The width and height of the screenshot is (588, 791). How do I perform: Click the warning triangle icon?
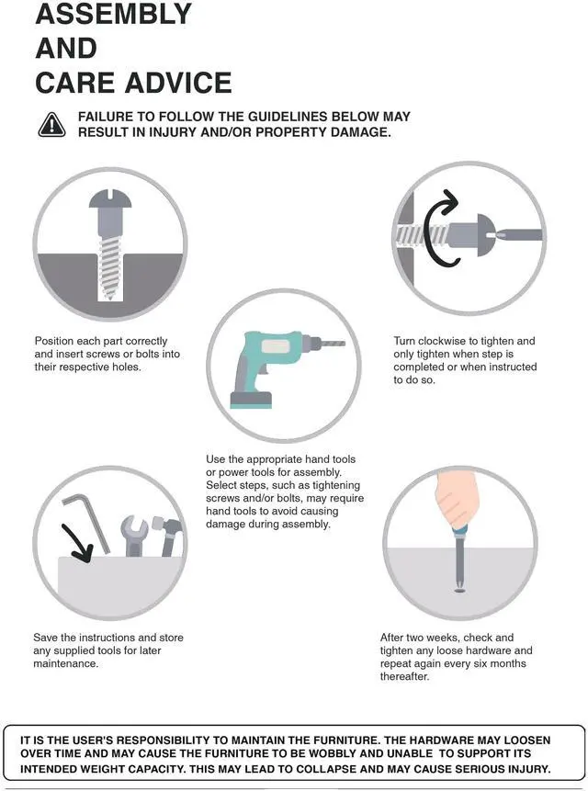[51, 125]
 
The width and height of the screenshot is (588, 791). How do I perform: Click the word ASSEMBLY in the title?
[113, 14]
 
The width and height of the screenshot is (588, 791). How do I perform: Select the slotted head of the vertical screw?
[110, 198]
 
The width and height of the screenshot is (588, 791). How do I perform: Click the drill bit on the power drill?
[333, 343]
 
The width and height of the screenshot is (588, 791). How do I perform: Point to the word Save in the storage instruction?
[45, 638]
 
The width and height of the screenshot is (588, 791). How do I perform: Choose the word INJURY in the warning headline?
[173, 132]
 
